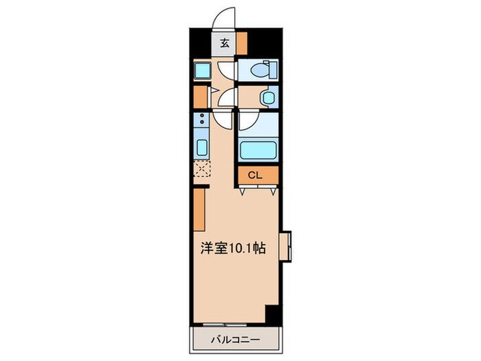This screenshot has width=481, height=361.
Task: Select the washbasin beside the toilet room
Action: point(267,98)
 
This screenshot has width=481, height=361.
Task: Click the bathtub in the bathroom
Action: point(258,149)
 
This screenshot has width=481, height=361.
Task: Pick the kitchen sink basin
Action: point(203,146)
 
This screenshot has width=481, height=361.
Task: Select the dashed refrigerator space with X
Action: point(202,169)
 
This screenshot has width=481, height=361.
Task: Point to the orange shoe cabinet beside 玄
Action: point(242,43)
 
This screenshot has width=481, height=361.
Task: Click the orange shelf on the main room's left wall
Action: point(199,210)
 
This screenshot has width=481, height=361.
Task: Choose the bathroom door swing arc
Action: point(247,122)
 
